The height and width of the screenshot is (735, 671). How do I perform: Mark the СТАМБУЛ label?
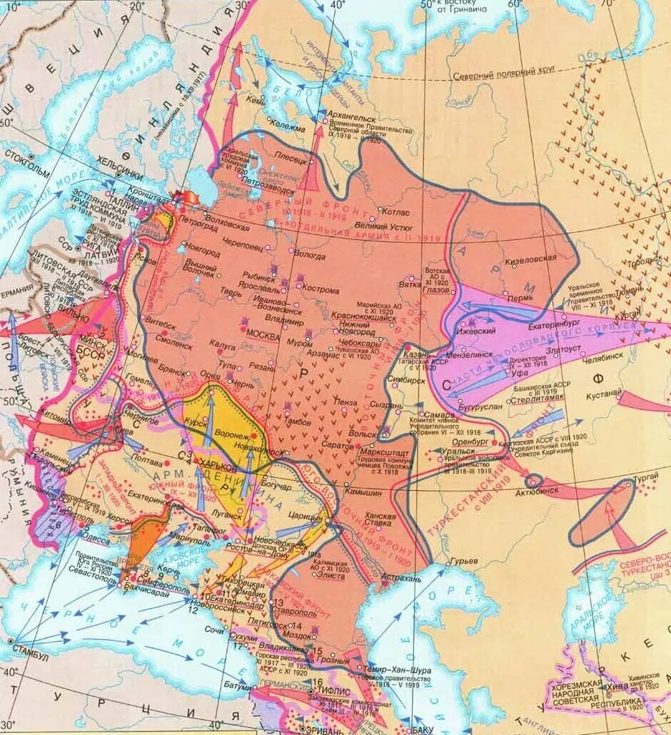click(x=28, y=656)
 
